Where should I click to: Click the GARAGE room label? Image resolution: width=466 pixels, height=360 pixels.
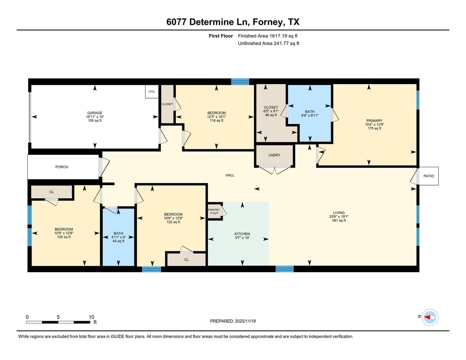(x=94, y=113)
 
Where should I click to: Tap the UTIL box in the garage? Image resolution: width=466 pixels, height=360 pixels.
(x=151, y=92)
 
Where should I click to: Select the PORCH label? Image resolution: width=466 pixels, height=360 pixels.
(x=62, y=167)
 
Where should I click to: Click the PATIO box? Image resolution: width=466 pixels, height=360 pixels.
(x=428, y=176)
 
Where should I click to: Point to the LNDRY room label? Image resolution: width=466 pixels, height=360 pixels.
(x=274, y=155)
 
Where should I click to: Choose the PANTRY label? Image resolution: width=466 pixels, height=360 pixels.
(x=214, y=210)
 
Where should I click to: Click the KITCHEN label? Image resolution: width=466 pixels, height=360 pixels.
(x=242, y=234)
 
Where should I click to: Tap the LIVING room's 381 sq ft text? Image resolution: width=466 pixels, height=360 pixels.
(x=339, y=221)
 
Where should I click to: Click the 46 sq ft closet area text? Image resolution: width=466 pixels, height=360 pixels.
(x=271, y=115)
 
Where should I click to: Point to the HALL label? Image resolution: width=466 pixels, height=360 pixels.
(x=230, y=175)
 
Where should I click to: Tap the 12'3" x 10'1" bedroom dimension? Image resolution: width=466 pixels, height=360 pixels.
(x=217, y=117)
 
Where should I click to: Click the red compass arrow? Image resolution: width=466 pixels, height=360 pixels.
(x=428, y=317)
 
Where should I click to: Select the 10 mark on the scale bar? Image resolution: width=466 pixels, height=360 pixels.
(x=91, y=317)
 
